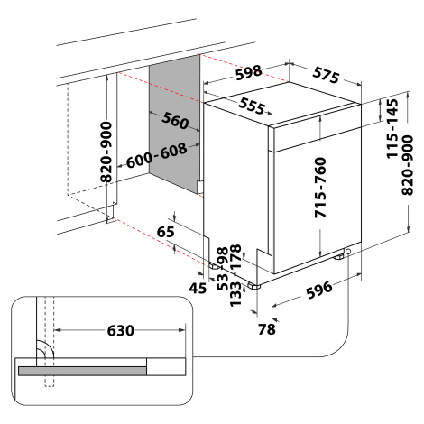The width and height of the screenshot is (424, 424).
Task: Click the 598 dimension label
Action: (x=248, y=72)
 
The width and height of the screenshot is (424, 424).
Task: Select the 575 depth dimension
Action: (x=326, y=75)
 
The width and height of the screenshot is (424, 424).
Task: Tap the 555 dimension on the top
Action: (x=252, y=106)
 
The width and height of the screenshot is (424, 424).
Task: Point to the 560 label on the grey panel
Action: (x=175, y=120)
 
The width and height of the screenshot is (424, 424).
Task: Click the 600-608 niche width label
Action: (x=156, y=156)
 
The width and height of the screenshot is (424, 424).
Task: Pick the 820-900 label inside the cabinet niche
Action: (x=106, y=152)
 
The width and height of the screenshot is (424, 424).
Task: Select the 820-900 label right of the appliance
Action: (x=408, y=165)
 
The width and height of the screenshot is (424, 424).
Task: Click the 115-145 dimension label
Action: (x=392, y=129)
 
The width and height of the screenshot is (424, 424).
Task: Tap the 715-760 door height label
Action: (x=320, y=188)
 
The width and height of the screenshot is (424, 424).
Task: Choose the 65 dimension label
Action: (x=166, y=232)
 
